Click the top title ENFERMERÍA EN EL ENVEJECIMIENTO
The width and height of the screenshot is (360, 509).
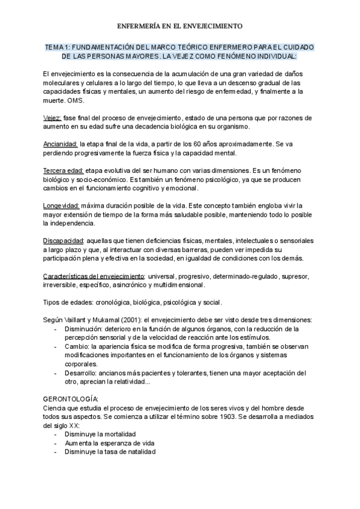coord(179,26)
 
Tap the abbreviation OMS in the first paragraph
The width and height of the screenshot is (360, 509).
coord(76,101)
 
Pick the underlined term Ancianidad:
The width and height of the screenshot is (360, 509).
coord(60,144)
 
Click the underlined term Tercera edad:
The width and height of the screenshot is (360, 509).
coord(64,170)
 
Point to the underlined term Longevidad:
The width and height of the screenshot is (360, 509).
coord(61,206)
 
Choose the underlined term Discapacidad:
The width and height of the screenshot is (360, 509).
coord(64,241)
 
